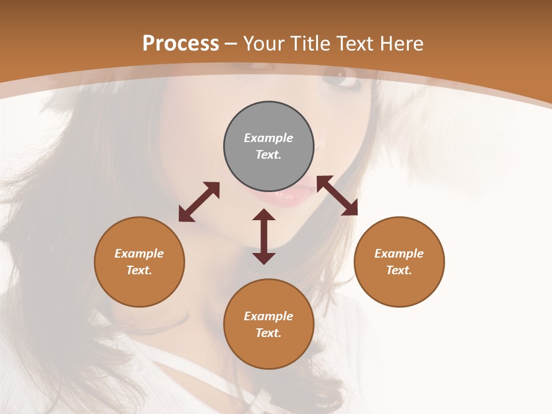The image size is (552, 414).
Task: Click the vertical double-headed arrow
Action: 264,236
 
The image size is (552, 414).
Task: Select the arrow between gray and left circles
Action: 199,202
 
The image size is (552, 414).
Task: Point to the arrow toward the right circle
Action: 337,195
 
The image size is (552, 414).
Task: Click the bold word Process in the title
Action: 181,43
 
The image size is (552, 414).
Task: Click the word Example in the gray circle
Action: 269,138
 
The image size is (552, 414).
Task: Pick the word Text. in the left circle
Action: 139,270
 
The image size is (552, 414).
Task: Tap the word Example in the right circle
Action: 399,254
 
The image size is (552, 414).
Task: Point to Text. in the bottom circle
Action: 269,333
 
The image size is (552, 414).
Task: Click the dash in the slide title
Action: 231,44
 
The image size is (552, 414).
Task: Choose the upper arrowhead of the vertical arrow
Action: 264,214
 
